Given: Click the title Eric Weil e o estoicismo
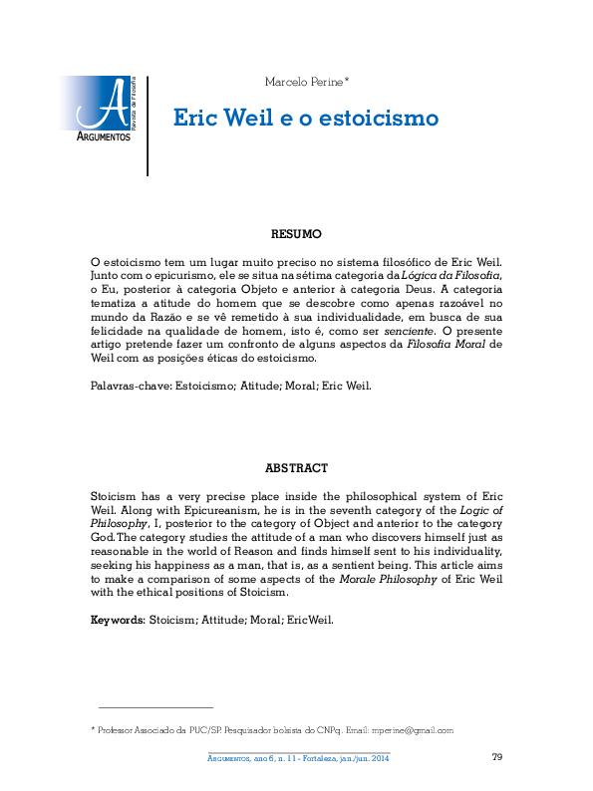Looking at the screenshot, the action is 306,118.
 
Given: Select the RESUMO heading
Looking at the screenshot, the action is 297,234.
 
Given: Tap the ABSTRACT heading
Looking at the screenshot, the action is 297,467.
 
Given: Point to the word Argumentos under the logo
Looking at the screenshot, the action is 105,136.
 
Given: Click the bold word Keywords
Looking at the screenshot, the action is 117,619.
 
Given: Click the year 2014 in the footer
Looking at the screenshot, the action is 380,759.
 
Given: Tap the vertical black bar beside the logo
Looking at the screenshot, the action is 148,126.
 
